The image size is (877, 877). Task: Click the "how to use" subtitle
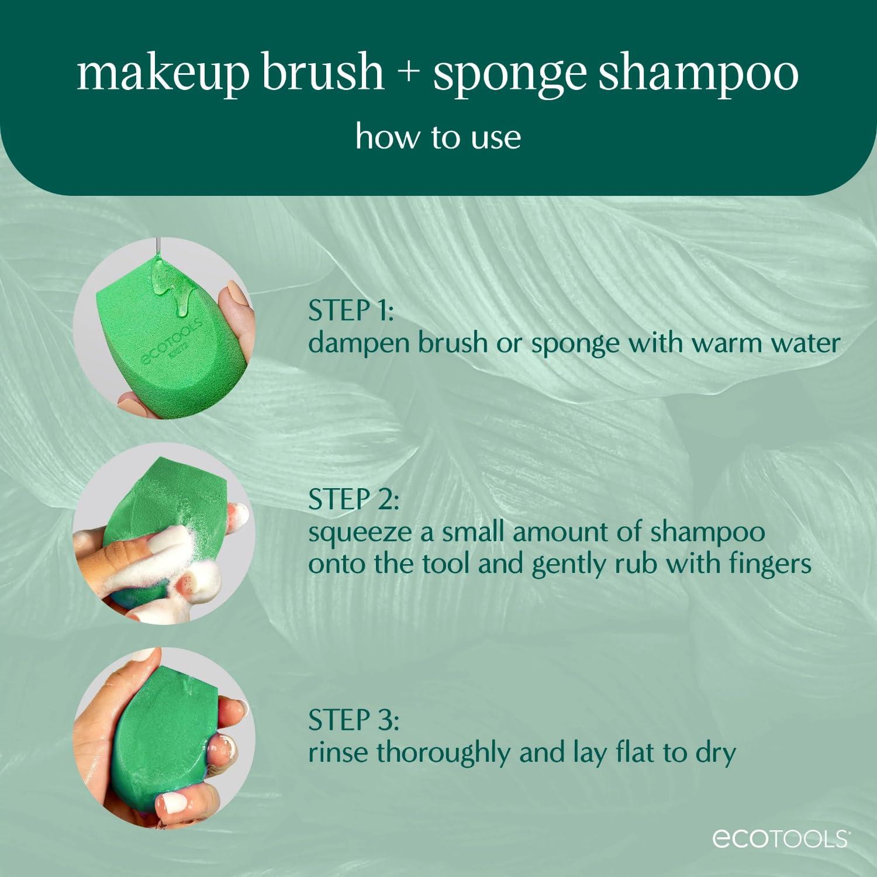tap(438, 137)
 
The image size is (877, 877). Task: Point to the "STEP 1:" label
tap(351, 311)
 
